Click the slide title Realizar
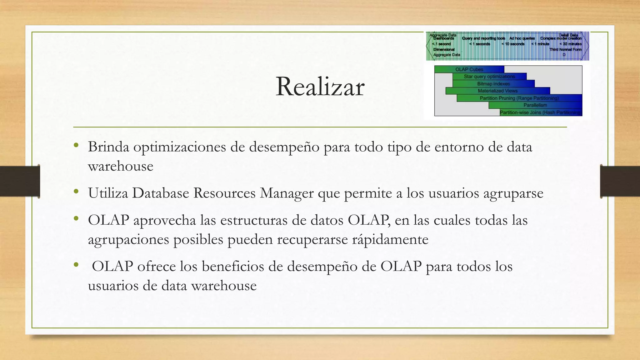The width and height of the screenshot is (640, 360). [320, 87]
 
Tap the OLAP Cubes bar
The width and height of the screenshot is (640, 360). [469, 69]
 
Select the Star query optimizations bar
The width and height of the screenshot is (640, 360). [489, 77]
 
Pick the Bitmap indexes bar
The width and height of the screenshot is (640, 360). [493, 84]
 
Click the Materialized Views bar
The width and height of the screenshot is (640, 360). [497, 91]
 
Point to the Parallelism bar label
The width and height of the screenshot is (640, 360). [535, 105]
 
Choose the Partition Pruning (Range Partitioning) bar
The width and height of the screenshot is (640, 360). [519, 98]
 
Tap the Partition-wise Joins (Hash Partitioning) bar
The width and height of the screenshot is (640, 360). [541, 112]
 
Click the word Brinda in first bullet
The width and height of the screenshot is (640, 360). [108, 147]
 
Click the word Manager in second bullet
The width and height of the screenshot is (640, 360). [287, 193]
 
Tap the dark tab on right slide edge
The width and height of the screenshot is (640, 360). [620, 181]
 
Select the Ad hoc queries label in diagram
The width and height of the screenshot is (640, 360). [522, 38]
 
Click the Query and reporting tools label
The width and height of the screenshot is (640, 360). [483, 38]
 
